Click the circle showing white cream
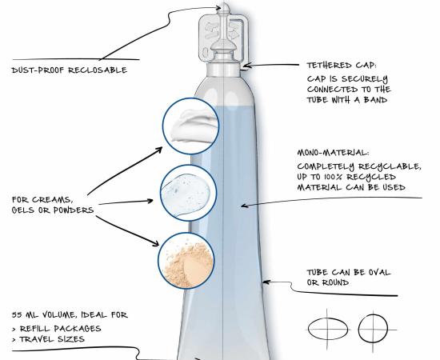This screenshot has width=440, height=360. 191,126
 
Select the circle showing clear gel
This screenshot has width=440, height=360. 189,193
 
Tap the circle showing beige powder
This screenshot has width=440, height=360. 186,261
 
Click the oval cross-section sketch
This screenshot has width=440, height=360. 327,329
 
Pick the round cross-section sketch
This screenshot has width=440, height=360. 373,329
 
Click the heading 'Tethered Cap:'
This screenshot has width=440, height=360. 342,66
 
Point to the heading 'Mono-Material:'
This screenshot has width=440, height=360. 334,153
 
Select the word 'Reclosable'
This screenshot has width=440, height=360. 98,70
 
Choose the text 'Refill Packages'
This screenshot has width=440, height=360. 60,329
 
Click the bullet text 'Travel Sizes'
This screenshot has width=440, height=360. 52,339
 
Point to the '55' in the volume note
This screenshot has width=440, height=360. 17,315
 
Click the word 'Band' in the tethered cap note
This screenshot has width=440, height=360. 376,100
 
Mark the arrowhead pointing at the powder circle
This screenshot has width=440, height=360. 155,243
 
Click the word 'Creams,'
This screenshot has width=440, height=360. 52,200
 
